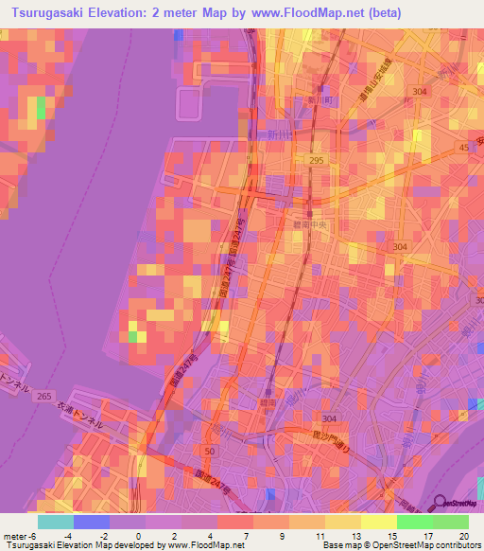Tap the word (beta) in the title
[388, 13]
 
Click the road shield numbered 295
[316, 161]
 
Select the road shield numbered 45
[463, 148]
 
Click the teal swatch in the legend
[56, 522]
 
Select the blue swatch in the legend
[92, 522]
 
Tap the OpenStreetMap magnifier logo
[440, 503]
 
